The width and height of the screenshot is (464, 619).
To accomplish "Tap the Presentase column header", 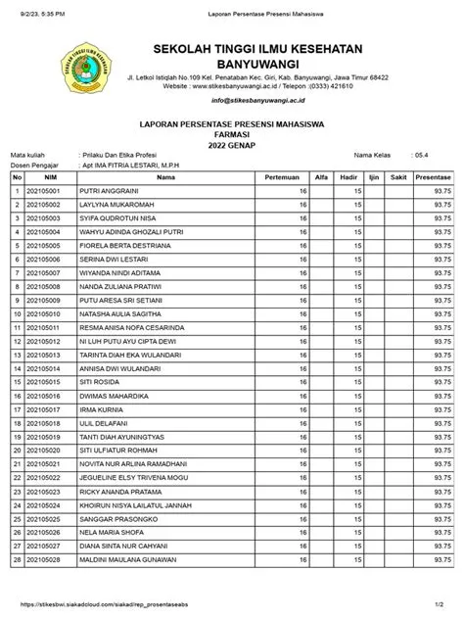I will coord(433,177).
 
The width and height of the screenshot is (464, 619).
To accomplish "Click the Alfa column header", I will coord(321,177).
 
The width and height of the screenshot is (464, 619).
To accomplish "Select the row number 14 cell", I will coord(17,367).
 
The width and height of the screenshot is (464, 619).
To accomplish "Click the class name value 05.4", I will coord(421,155).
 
